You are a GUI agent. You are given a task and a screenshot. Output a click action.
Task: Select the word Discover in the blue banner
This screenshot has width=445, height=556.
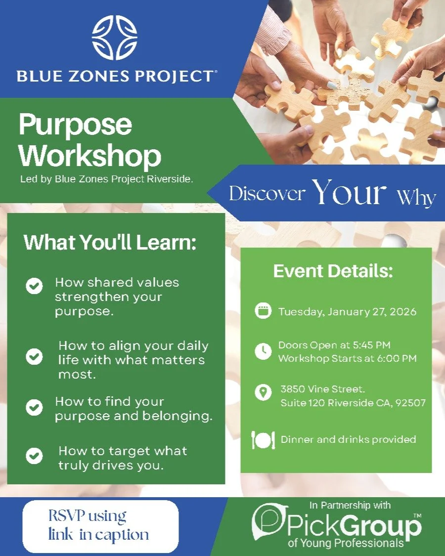point(266,194)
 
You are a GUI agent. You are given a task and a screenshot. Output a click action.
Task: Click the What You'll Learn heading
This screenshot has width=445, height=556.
point(110,243)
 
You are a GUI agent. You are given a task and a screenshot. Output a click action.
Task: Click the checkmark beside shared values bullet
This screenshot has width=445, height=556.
point(34,286)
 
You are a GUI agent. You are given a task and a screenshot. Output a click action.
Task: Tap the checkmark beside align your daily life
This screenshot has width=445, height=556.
point(34,357)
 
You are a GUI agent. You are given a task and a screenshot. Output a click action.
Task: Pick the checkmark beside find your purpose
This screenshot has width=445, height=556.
point(34,408)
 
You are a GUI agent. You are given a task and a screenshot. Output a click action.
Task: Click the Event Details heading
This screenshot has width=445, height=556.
point(333,271)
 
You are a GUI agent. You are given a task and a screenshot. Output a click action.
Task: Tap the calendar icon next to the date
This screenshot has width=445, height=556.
point(263,311)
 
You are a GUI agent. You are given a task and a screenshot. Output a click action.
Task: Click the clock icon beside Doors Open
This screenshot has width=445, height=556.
point(263,351)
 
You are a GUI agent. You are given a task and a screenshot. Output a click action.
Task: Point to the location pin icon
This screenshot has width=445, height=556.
point(263,392)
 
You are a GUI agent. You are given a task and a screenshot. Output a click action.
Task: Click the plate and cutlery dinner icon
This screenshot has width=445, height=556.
point(263,440)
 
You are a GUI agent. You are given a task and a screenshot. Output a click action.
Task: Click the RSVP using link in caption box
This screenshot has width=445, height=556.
point(100,526)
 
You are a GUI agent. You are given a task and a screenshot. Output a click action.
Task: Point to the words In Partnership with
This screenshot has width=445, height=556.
point(350,505)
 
